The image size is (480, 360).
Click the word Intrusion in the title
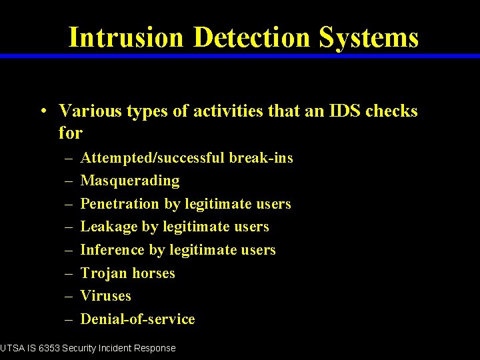pos(125,37)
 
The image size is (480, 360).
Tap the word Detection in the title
pos(251,37)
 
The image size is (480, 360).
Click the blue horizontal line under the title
pos(240,56)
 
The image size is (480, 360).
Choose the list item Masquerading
pos(129,181)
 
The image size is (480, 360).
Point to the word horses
pos(153,273)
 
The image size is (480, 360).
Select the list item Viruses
pos(105,296)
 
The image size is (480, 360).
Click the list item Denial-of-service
pos(137,319)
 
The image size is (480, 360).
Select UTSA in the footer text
pos(11,348)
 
